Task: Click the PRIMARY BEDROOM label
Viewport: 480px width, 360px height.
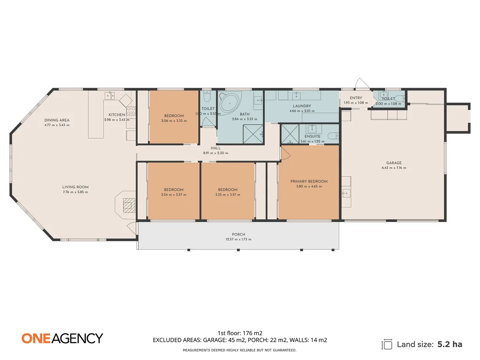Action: pyautogui.click(x=308, y=181)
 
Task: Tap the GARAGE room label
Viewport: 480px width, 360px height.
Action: pyautogui.click(x=394, y=163)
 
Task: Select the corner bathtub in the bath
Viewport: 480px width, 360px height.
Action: pyautogui.click(x=229, y=103)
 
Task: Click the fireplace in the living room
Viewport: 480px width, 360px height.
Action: pyautogui.click(x=127, y=204)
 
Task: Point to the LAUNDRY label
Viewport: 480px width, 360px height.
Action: pyautogui.click(x=302, y=106)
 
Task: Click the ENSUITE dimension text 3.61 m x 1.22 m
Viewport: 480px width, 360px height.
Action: pyautogui.click(x=312, y=141)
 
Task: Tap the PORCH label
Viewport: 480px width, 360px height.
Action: pyautogui.click(x=239, y=234)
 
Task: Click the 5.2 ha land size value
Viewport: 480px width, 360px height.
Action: pyautogui.click(x=450, y=344)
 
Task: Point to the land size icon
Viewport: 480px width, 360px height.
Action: pyautogui.click(x=387, y=345)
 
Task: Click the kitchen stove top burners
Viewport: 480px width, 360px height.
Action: pyautogui.click(x=131, y=112)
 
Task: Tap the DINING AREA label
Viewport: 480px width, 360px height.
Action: pyautogui.click(x=57, y=120)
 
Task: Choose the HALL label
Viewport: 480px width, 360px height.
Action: pyautogui.click(x=216, y=148)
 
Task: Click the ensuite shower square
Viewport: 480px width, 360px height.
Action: pyautogui.click(x=289, y=134)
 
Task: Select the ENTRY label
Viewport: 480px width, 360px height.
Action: pyautogui.click(x=356, y=98)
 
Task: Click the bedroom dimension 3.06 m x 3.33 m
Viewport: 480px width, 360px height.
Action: pyautogui.click(x=174, y=120)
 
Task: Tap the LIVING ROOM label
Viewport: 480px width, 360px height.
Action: pyautogui.click(x=75, y=187)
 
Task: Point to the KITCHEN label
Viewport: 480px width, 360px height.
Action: pyautogui.click(x=117, y=115)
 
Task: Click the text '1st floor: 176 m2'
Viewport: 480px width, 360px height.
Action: pyautogui.click(x=240, y=332)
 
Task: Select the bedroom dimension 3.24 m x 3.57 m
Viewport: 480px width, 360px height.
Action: pyautogui.click(x=174, y=195)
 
